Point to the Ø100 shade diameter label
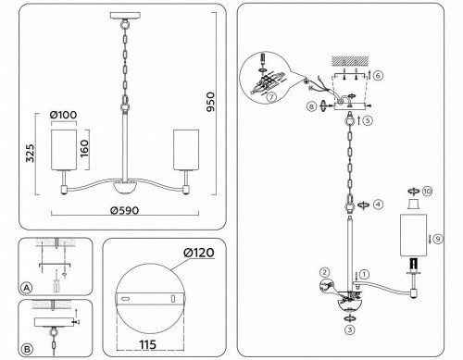pyautogui.click(x=64, y=115)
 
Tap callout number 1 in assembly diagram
pyautogui.click(x=364, y=274)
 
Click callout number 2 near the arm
pyautogui.click(x=325, y=271)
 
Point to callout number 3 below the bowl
pyautogui.click(x=349, y=329)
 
